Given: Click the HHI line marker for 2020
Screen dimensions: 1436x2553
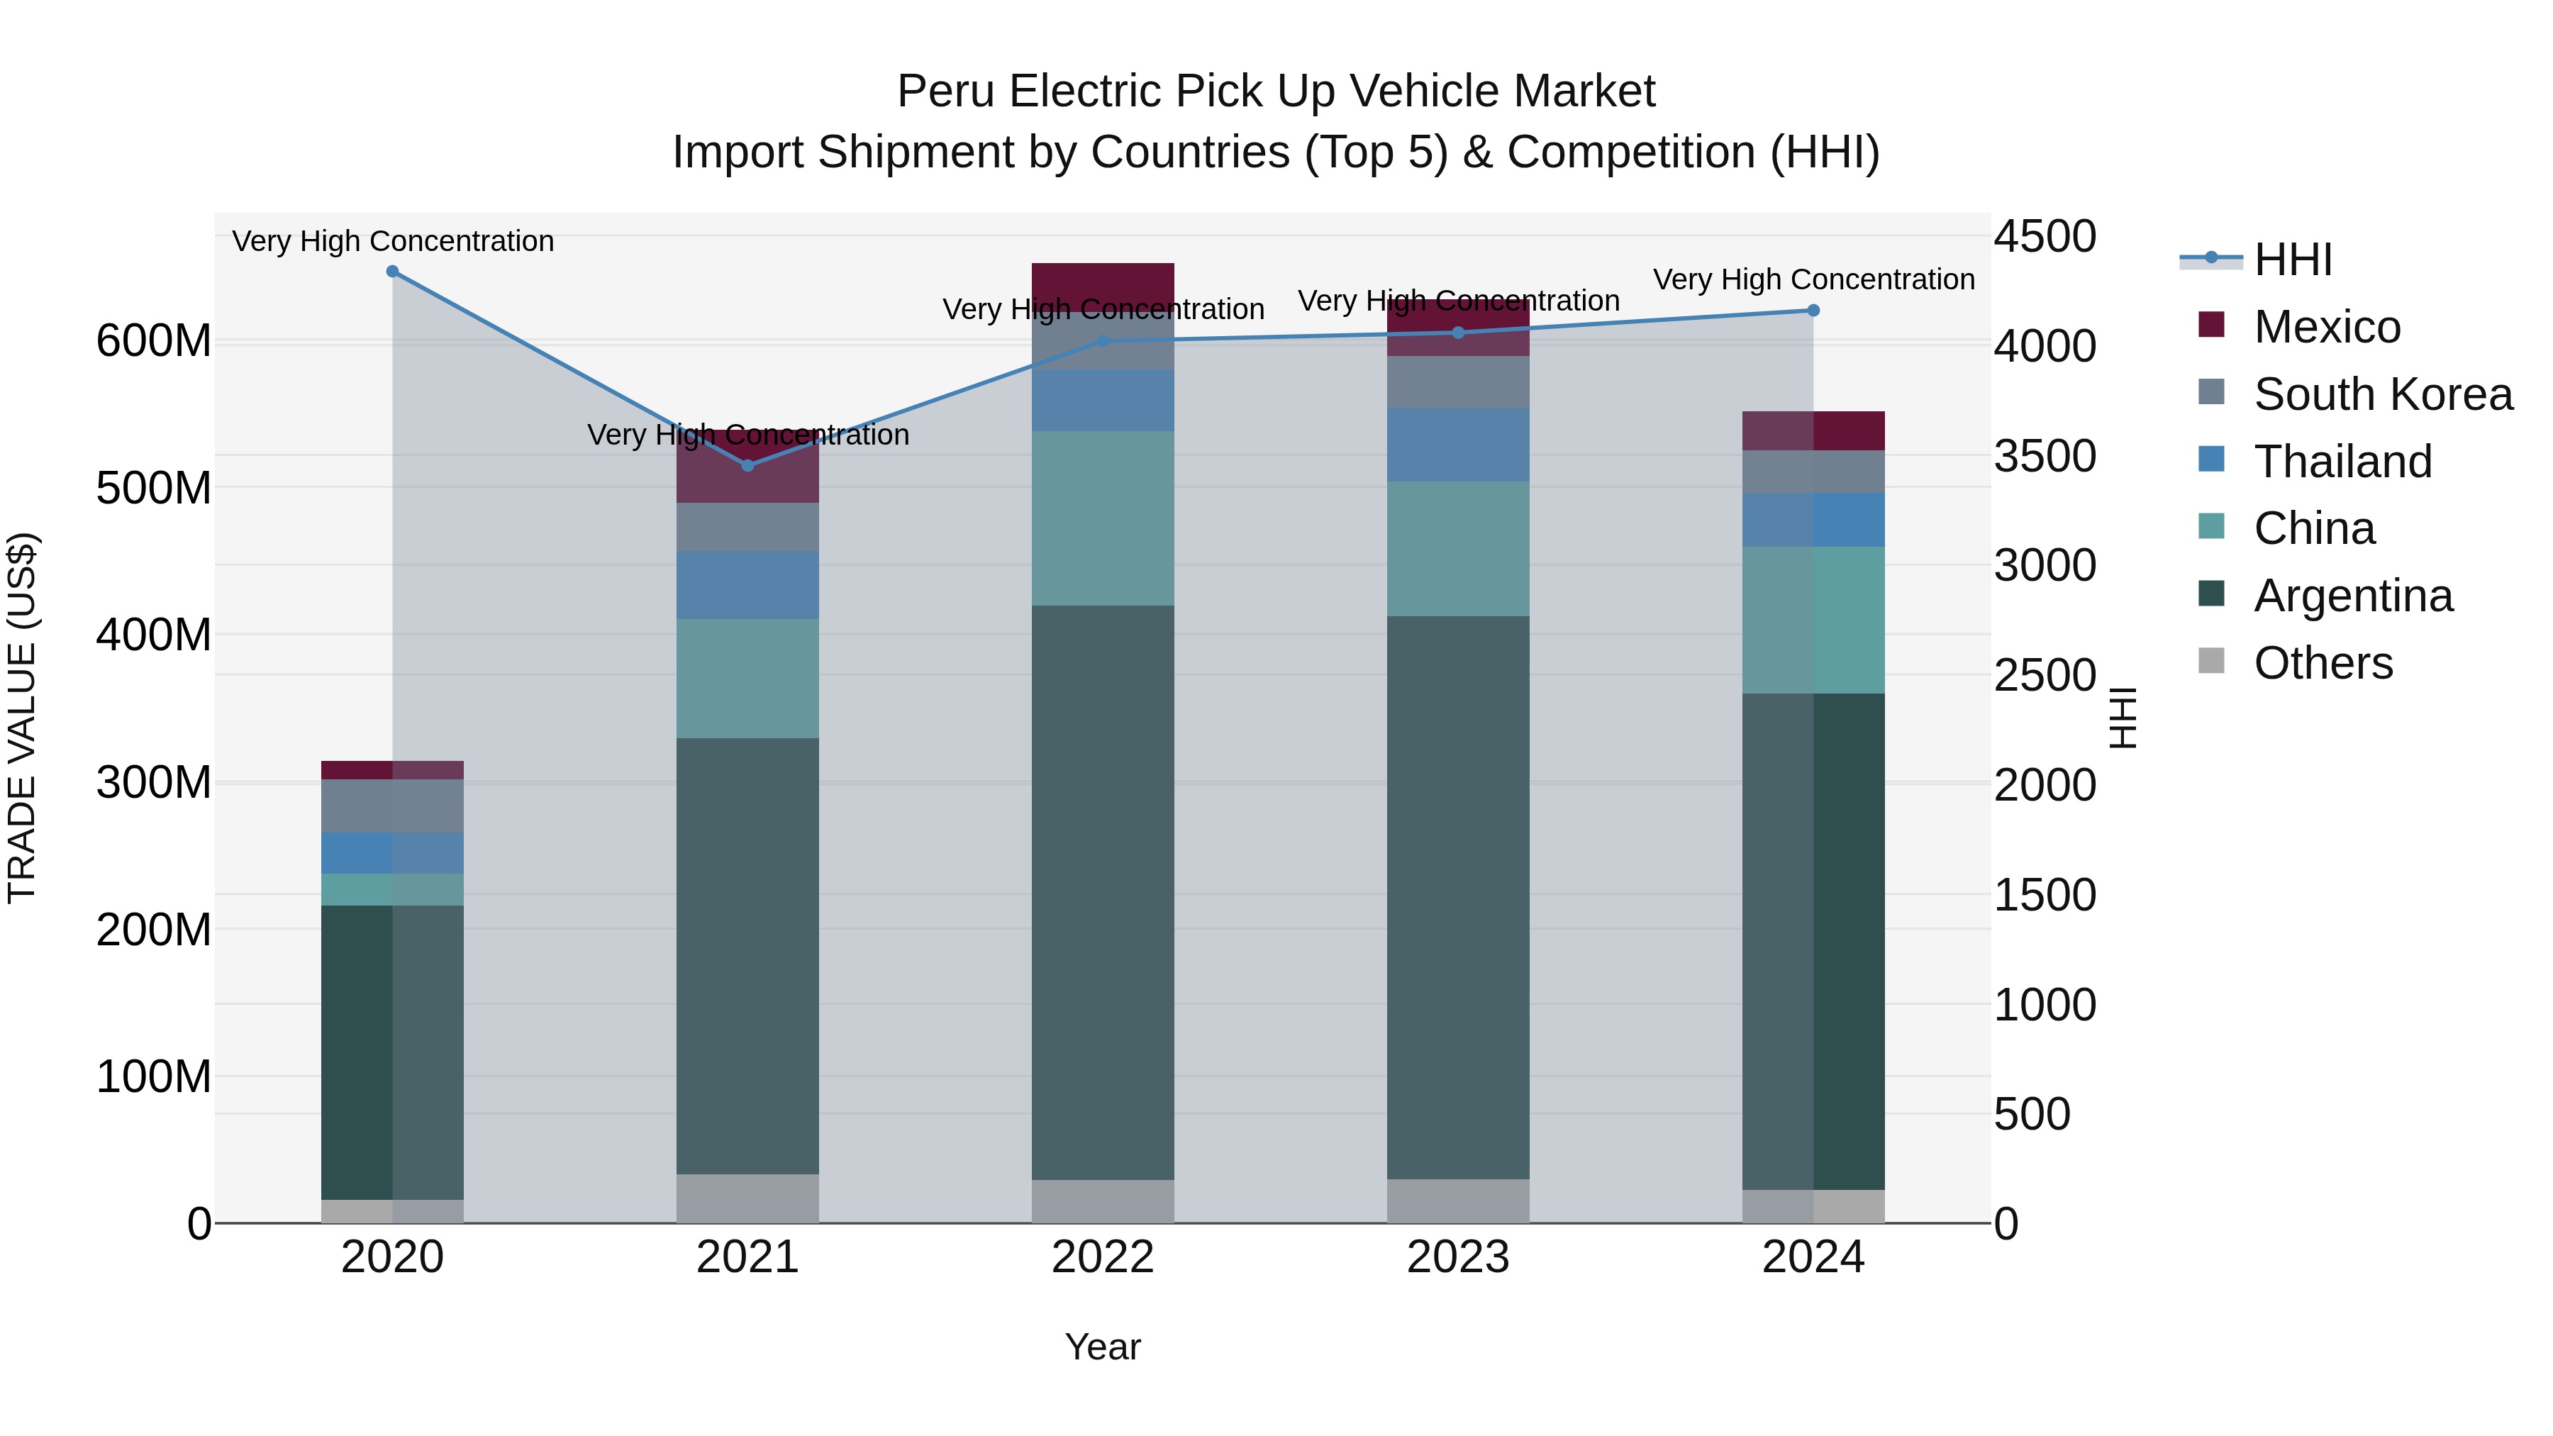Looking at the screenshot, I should coord(392,272).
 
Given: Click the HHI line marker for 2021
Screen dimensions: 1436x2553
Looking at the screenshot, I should coord(748,466).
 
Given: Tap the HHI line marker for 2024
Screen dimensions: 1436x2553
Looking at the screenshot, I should coord(1813,310).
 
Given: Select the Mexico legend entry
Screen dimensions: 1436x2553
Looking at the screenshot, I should coord(2326,327).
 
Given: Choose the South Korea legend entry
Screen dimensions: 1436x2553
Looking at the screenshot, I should coord(2383,394).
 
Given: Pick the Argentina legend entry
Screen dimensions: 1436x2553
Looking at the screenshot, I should coord(2353,596).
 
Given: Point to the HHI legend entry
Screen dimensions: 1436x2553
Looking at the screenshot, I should coord(2292,260).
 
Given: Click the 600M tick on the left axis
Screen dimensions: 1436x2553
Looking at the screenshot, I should coord(154,341).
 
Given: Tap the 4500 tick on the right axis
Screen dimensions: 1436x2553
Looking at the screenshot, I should coord(2045,237).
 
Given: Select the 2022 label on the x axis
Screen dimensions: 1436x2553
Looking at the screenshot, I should coord(1102,1257).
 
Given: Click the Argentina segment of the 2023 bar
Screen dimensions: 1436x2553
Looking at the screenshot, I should coord(1458,897).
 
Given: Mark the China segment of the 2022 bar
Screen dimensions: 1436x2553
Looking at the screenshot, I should coord(1102,518).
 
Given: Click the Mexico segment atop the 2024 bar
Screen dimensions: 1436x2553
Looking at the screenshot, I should coord(1813,431).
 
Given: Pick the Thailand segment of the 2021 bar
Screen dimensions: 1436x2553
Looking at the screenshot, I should coord(748,586).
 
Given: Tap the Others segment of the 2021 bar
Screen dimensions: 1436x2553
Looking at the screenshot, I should coord(748,1198).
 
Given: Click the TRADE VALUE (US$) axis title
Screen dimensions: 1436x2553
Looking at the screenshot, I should coord(23,718).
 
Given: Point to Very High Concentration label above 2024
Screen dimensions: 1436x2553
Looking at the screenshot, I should coord(1813,279).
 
